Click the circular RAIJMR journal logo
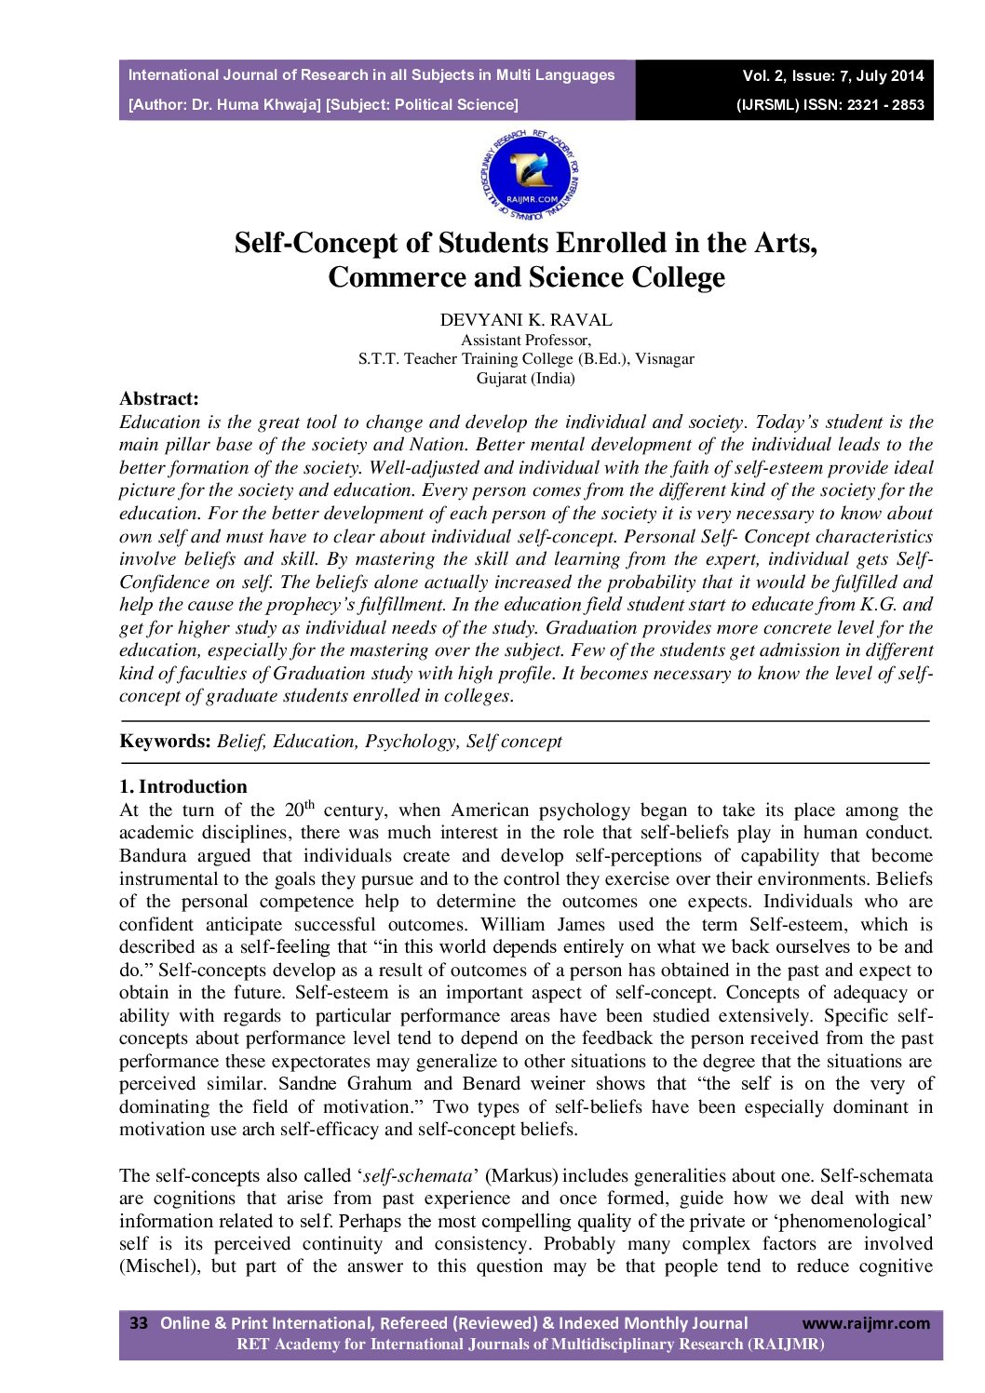(x=530, y=174)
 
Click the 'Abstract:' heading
(x=159, y=399)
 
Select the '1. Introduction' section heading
(x=183, y=787)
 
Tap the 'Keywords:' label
(x=166, y=742)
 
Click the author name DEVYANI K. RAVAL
(x=526, y=320)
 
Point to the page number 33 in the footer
(x=139, y=1323)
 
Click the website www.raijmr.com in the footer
(x=866, y=1323)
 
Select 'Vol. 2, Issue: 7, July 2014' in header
(x=833, y=76)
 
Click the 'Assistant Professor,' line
(x=526, y=341)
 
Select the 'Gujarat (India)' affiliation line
(x=526, y=379)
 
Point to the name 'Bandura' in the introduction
(x=153, y=856)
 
